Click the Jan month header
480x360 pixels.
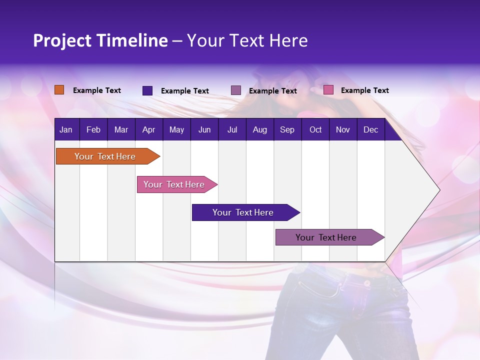66,130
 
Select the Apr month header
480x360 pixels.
148,130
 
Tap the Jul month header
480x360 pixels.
232,130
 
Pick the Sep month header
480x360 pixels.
287,130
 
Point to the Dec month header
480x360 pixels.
370,130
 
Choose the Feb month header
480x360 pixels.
93,130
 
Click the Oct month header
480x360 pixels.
315,130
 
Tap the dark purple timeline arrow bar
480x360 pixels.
243,212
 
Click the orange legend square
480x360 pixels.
59,90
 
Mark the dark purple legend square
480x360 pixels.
147,90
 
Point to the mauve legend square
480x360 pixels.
236,90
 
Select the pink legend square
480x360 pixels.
328,90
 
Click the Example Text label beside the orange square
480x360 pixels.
97,90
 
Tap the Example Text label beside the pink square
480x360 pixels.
364,90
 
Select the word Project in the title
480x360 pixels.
61,40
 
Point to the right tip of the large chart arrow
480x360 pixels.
439,190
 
